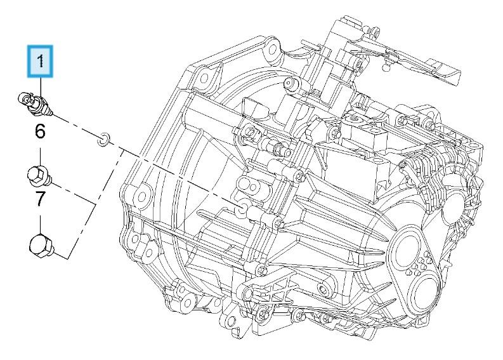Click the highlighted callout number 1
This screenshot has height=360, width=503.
(x=41, y=62)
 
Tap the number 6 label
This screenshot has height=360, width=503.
(x=40, y=132)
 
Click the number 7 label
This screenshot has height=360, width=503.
(x=40, y=199)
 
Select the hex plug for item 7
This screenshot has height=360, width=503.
(x=41, y=246)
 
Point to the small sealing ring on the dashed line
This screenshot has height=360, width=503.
(x=103, y=138)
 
